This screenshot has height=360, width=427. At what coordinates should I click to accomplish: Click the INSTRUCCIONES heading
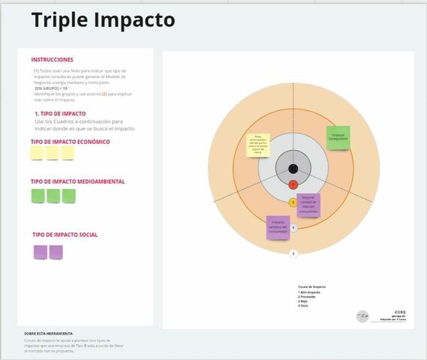pyautogui.click(x=53, y=59)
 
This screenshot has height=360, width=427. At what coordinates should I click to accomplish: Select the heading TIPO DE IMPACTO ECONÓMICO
pyautogui.click(x=71, y=141)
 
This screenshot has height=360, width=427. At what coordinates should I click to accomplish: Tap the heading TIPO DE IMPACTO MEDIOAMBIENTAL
pyautogui.click(x=77, y=181)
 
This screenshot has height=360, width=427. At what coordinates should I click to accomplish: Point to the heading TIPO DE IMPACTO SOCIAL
pyautogui.click(x=65, y=235)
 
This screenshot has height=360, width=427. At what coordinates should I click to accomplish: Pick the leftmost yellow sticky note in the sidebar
pyautogui.click(x=37, y=153)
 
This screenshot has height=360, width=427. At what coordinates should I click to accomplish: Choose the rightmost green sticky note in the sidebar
pyautogui.click(x=69, y=196)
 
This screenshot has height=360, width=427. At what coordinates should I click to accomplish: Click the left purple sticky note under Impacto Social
pyautogui.click(x=40, y=252)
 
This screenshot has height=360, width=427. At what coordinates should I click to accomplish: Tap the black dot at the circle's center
pyautogui.click(x=293, y=169)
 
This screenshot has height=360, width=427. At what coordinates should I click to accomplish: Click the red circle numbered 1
pyautogui.click(x=293, y=184)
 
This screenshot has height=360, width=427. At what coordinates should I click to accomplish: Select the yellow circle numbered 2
pyautogui.click(x=293, y=202)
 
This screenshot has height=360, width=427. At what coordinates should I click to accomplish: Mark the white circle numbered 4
pyautogui.click(x=293, y=253)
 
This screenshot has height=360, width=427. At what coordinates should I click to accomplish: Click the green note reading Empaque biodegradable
pyautogui.click(x=338, y=136)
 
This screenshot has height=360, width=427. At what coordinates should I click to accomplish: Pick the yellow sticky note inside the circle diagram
pyautogui.click(x=259, y=144)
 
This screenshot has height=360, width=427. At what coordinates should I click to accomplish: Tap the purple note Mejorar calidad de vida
pyautogui.click(x=309, y=205)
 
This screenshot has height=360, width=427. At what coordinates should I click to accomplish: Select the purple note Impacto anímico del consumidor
pyautogui.click(x=278, y=227)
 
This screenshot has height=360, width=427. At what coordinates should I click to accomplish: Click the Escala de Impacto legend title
pyautogui.click(x=311, y=286)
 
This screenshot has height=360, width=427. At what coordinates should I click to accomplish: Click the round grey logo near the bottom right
pyautogui.click(x=362, y=316)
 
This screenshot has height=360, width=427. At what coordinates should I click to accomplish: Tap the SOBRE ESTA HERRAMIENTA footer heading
pyautogui.click(x=49, y=333)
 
